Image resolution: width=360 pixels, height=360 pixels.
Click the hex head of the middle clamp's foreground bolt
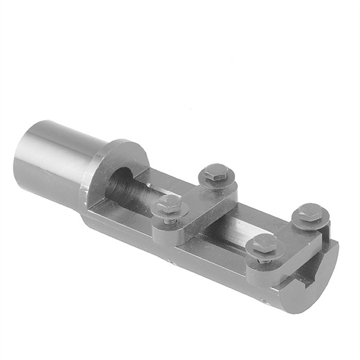coord(169,204)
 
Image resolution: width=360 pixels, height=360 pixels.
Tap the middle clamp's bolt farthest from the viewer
coord(216,173)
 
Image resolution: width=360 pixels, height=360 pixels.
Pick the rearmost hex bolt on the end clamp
coord(310,214)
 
